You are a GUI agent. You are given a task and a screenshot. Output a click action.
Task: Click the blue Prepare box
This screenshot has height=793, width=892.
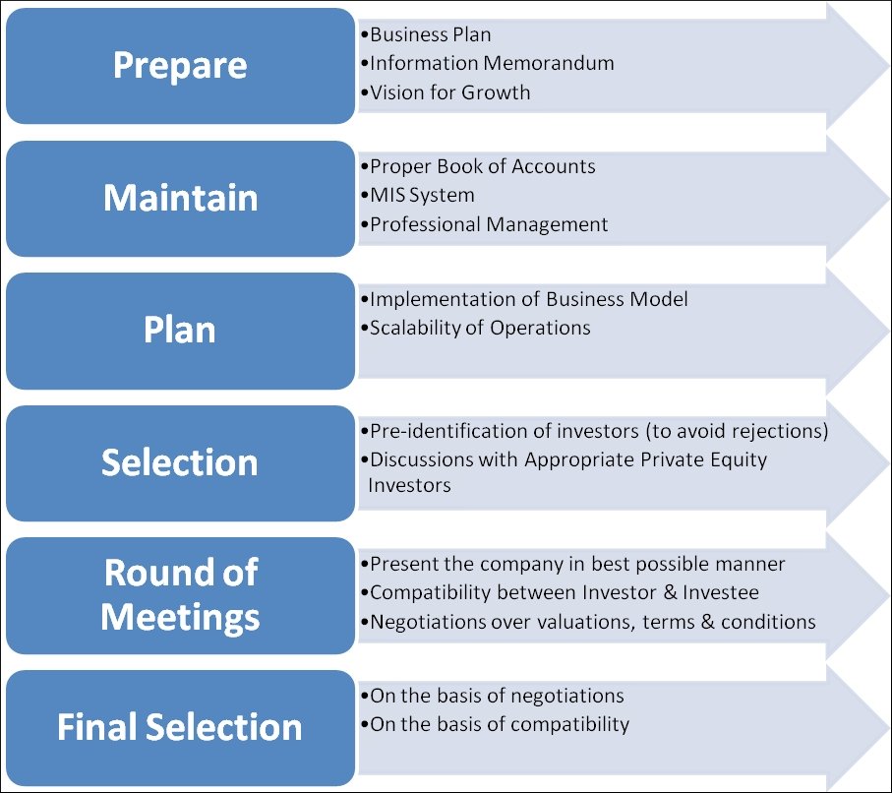tap(180, 66)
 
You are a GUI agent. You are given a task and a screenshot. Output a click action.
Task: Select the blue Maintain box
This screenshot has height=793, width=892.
tap(180, 199)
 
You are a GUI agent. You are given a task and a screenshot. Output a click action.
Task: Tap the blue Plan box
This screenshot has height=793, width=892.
tap(180, 331)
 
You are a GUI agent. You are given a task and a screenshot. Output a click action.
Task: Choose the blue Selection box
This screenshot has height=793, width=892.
tap(180, 463)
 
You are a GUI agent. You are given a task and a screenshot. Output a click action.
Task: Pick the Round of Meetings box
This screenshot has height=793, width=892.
tap(180, 595)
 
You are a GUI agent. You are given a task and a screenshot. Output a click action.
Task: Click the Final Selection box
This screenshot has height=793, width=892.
tap(180, 728)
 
